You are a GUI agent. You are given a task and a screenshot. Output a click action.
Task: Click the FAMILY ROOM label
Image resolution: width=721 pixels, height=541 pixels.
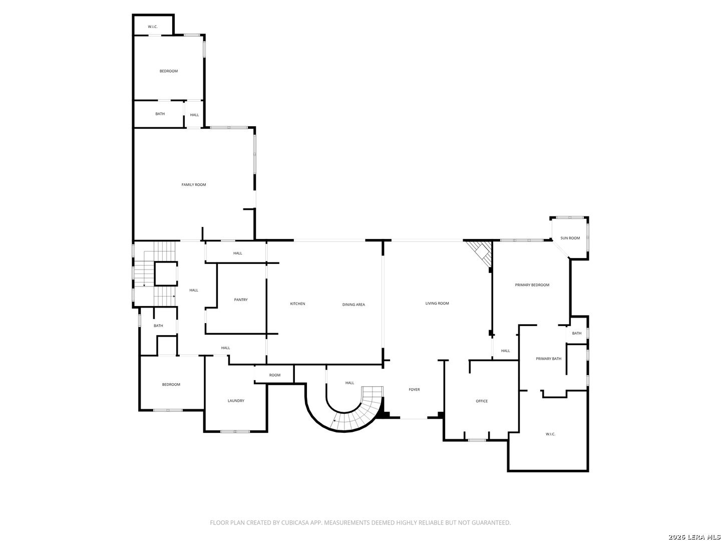193,185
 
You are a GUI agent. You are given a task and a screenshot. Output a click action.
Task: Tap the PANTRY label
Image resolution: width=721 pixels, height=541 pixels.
241,300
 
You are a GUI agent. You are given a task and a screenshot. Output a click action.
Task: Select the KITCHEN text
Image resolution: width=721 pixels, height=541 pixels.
297,304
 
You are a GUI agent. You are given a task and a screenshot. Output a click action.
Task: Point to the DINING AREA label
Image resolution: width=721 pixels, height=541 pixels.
353,305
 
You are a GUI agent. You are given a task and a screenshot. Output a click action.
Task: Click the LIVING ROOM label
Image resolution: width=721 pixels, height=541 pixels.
437,304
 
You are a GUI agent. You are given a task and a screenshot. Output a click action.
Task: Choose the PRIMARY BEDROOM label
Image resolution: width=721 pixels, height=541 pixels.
532,285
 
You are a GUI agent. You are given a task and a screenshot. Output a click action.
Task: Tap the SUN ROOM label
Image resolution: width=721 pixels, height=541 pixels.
570,238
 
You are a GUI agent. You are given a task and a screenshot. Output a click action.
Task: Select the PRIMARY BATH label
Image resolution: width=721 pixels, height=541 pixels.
548,359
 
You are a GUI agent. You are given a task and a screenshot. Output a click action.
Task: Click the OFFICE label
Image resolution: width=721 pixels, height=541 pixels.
482,401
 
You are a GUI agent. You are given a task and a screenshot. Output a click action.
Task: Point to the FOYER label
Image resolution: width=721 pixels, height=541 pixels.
414,390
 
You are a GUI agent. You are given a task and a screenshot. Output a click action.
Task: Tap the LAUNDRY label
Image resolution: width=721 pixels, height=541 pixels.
236,401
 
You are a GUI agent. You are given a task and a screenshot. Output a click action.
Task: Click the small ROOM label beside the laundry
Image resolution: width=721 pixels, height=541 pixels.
275,375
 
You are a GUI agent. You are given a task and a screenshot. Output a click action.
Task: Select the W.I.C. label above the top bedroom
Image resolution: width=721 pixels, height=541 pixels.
153,27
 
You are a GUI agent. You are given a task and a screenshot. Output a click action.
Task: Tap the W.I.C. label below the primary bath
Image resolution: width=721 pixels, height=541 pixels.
550,434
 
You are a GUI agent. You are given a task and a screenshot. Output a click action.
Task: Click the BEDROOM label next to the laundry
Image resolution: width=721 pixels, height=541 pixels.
171,385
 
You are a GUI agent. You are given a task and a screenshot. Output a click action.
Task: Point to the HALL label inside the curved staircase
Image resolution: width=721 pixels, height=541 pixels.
349,383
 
